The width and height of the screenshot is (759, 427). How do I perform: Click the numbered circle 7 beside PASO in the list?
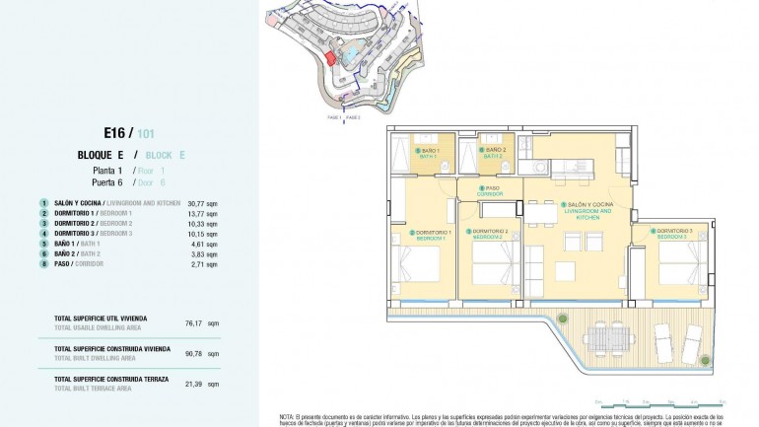coord(44,265)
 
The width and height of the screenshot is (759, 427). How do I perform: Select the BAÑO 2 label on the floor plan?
coord(492,153)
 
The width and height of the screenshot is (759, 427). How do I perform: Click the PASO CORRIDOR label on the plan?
coord(491,190)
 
